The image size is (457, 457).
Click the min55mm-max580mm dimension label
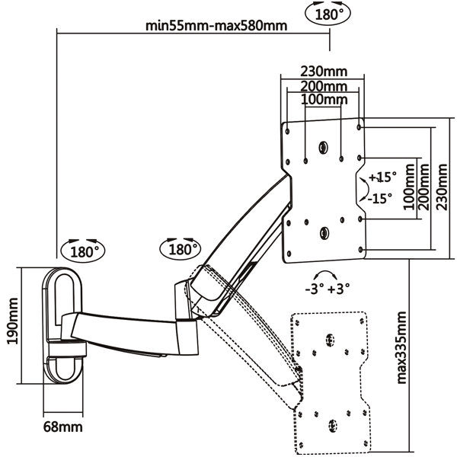click(216, 26)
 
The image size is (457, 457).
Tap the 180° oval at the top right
click(328, 14)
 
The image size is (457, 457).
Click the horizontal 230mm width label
click(324, 71)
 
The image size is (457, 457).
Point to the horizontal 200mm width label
click(324, 86)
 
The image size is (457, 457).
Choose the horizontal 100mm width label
click(324, 100)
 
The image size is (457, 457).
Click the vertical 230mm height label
click(442, 187)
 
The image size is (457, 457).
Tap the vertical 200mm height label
click(424, 187)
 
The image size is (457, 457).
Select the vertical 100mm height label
click(409, 187)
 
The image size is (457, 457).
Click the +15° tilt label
click(382, 177)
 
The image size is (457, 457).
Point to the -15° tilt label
click(380, 199)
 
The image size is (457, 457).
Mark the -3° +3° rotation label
click(327, 289)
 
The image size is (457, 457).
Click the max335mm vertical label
click(401, 348)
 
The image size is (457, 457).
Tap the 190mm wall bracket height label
click(12, 321)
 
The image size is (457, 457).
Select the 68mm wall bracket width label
click(63, 427)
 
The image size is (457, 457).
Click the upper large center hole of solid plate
click(323, 148)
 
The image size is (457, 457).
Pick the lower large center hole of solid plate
click(324, 233)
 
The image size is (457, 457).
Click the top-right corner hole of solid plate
click(359, 127)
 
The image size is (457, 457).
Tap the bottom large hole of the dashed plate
click(332, 426)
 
